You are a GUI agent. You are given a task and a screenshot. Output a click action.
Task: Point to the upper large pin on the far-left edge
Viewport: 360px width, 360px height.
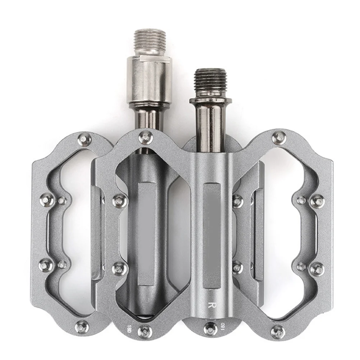coord(47,197)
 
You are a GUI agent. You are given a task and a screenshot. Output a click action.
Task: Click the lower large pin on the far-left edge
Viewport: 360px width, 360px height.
coord(47,264)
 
